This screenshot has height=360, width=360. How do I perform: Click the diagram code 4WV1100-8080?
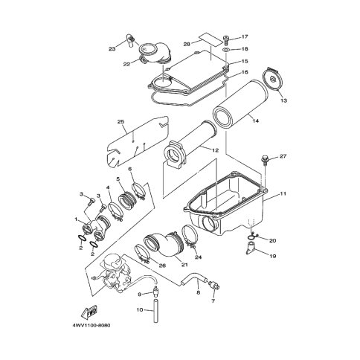point(91,325)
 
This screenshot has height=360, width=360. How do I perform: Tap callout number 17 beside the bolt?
point(245,37)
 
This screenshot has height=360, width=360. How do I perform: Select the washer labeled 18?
point(227,49)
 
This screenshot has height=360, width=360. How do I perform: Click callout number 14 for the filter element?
point(256,120)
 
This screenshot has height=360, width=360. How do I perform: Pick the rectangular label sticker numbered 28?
point(210,39)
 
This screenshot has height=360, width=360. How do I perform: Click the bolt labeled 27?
point(265,160)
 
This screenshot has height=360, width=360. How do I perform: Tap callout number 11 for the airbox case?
point(283,193)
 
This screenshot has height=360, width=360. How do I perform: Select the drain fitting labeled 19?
point(249,248)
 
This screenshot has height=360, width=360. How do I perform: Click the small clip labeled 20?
point(252,236)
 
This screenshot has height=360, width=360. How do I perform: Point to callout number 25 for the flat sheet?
point(121,122)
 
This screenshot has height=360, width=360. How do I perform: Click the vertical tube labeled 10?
point(156,311)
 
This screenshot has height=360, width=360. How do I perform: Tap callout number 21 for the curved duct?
point(184,265)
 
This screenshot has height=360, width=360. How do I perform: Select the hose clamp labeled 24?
point(190,236)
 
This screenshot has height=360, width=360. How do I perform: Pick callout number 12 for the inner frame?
point(216,150)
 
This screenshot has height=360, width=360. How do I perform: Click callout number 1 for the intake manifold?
point(76,219)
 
